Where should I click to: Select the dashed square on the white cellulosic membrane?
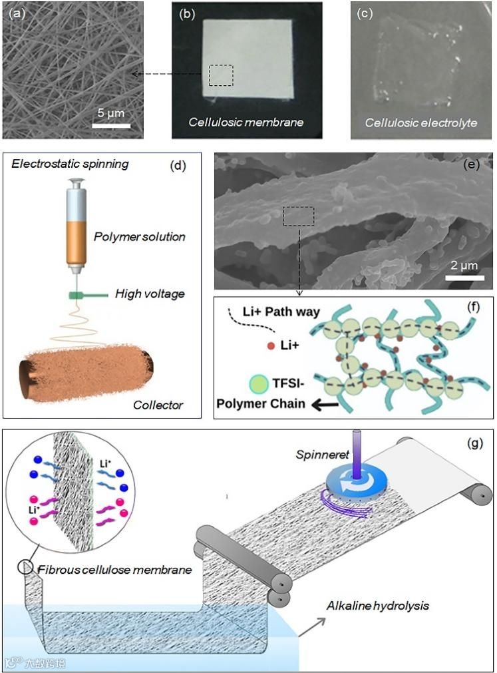(221, 75)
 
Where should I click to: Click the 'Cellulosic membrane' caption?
(246, 122)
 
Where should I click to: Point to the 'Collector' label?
(157, 404)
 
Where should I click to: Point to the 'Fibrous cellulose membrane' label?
(114, 569)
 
